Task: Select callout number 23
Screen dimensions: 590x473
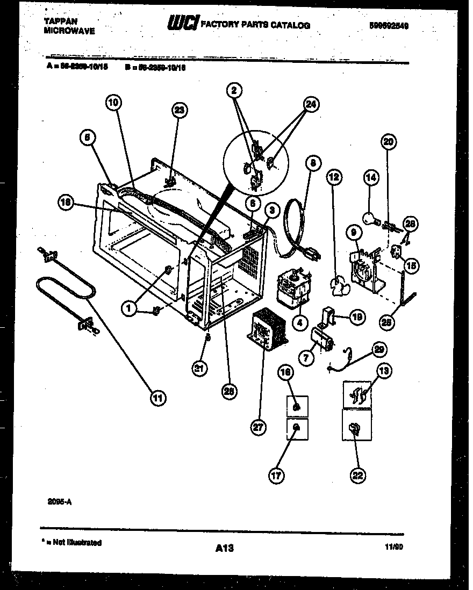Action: [180, 110]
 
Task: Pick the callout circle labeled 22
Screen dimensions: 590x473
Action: [357, 475]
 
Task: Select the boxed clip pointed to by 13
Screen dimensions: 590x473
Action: [357, 395]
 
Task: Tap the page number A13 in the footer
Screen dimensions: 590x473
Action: [224, 548]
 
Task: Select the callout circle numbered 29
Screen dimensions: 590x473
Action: [380, 349]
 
